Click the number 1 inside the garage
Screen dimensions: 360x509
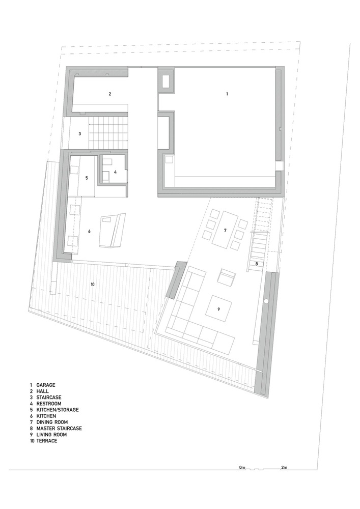pos(227,94)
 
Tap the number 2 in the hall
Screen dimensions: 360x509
pos(109,94)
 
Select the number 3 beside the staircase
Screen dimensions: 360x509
pos(80,133)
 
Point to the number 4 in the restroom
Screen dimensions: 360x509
pos(115,172)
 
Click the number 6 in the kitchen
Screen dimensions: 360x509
pos(89,231)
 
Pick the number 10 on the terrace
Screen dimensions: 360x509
pos(93,285)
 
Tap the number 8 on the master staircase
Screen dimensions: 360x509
pos(257,264)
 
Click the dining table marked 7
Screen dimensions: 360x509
pos(225,230)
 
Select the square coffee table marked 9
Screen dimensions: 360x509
pos(218,309)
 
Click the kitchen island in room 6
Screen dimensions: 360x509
pos(112,231)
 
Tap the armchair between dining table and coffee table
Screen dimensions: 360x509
pos(228,277)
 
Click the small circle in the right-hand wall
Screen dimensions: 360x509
pos(266,301)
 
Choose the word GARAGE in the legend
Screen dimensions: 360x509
pos(46,385)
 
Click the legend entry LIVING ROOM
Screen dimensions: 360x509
pos(51,434)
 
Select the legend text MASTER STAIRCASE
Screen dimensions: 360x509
pos(59,428)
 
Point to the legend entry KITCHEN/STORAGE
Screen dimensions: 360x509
pos(58,410)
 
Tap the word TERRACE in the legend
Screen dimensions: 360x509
pos(47,440)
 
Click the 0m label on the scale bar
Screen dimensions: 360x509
pos(242,467)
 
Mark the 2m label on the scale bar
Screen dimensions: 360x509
pos(284,467)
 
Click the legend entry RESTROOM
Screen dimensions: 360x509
pos(49,404)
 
